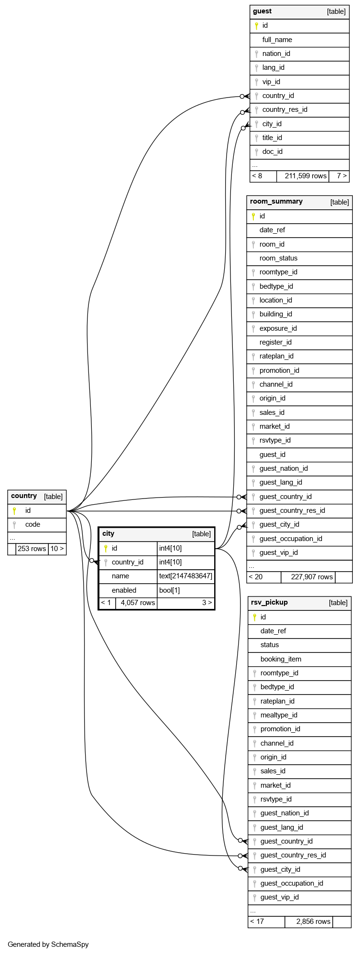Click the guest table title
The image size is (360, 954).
click(262, 11)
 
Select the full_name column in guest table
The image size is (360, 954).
click(277, 40)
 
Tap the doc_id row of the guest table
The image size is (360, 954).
click(273, 152)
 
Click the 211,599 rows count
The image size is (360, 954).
click(305, 176)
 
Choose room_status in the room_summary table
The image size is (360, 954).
click(278, 258)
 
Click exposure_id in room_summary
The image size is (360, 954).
click(278, 328)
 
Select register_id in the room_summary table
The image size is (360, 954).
click(275, 342)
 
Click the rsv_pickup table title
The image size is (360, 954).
click(270, 603)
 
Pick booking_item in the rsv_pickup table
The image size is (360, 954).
click(281, 659)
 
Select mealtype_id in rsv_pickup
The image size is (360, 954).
click(279, 715)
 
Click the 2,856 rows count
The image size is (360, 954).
click(313, 921)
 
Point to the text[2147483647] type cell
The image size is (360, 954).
click(185, 576)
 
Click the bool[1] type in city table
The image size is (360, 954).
click(169, 590)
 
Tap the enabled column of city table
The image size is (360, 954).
click(124, 590)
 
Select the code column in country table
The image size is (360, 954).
click(33, 524)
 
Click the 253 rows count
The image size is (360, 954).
click(32, 549)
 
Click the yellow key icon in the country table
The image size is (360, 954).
click(14, 510)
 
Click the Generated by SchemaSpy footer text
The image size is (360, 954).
click(48, 944)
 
